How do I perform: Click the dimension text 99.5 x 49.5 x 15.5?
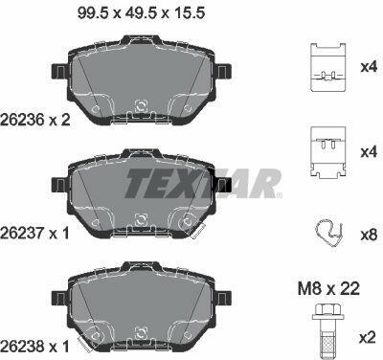141,13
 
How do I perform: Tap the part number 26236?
22,120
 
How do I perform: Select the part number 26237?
22,234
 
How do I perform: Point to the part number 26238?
22,347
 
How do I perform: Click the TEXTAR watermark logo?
203,184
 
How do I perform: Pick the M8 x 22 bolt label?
328,289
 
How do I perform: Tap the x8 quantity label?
369,236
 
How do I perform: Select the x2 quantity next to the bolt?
368,338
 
